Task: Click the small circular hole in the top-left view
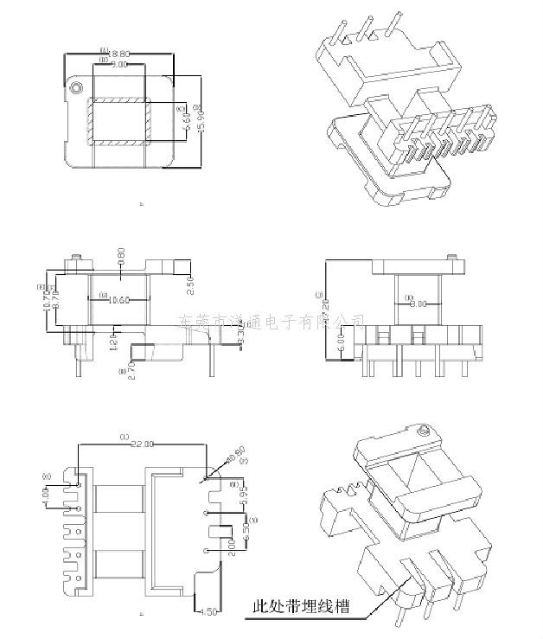click(x=77, y=87)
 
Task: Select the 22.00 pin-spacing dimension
click(x=142, y=444)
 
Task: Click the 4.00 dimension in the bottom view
click(x=45, y=498)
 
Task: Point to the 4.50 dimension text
click(x=206, y=612)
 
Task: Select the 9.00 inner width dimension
click(x=118, y=65)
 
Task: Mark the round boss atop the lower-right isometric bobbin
click(x=424, y=430)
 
